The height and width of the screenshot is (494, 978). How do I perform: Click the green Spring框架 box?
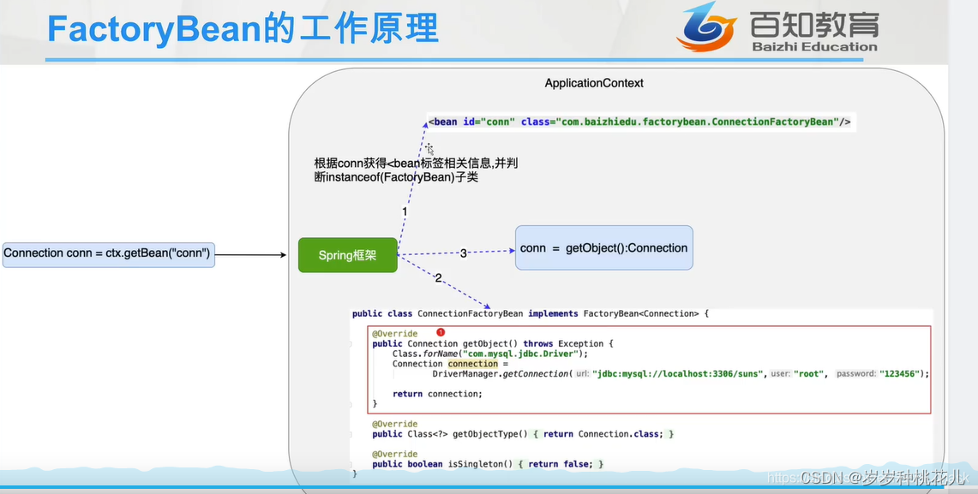click(347, 255)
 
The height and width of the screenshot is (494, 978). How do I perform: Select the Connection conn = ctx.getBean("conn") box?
click(108, 253)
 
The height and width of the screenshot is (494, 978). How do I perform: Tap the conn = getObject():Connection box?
click(603, 248)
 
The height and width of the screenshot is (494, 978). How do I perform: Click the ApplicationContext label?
click(594, 83)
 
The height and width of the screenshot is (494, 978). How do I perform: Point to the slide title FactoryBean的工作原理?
click(243, 29)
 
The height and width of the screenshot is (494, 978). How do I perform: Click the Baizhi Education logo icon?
click(706, 26)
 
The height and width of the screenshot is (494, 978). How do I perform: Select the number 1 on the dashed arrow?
click(405, 211)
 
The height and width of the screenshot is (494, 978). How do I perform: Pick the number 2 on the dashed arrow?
click(438, 278)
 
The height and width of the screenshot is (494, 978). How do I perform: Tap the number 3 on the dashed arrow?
click(464, 253)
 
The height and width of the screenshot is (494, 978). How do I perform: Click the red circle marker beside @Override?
click(441, 332)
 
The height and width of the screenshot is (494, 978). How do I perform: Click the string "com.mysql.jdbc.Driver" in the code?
click(522, 354)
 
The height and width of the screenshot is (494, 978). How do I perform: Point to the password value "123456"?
click(903, 374)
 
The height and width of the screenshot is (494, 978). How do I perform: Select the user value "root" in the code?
click(810, 374)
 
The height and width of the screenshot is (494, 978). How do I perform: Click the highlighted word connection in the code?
click(472, 364)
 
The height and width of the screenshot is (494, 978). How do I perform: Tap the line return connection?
click(437, 394)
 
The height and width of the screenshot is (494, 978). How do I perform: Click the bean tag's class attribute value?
click(697, 122)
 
